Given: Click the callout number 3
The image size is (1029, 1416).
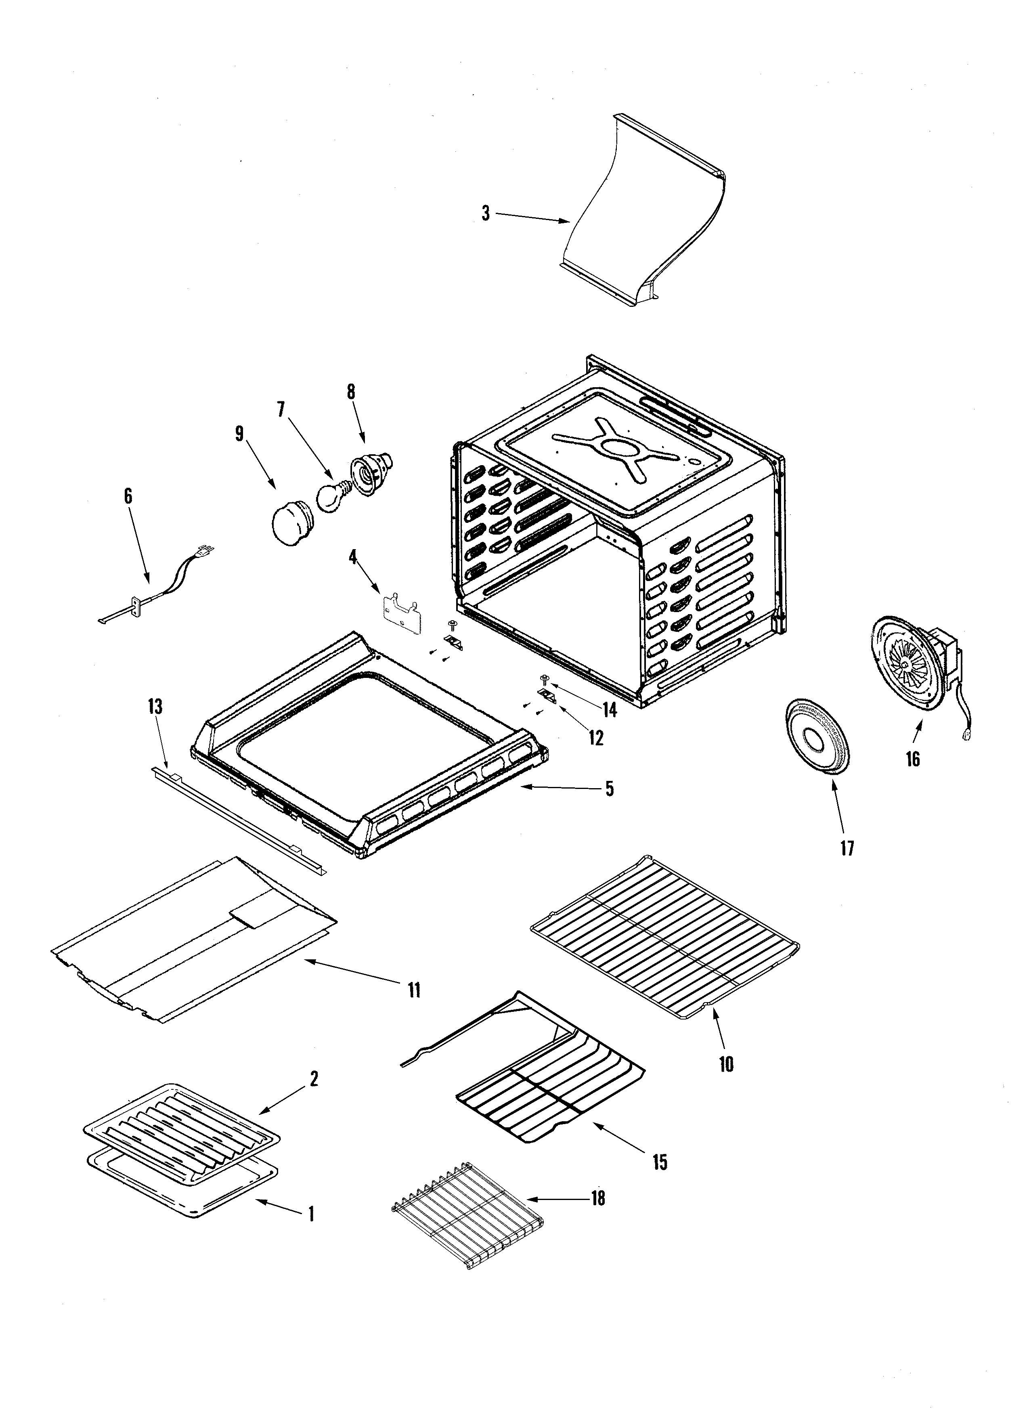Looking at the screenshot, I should click(x=486, y=214).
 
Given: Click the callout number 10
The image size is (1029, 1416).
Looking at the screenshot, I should click(x=726, y=1064).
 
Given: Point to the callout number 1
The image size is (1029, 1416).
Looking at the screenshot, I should click(x=310, y=1215).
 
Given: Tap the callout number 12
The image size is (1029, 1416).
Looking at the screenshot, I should click(x=596, y=738).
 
